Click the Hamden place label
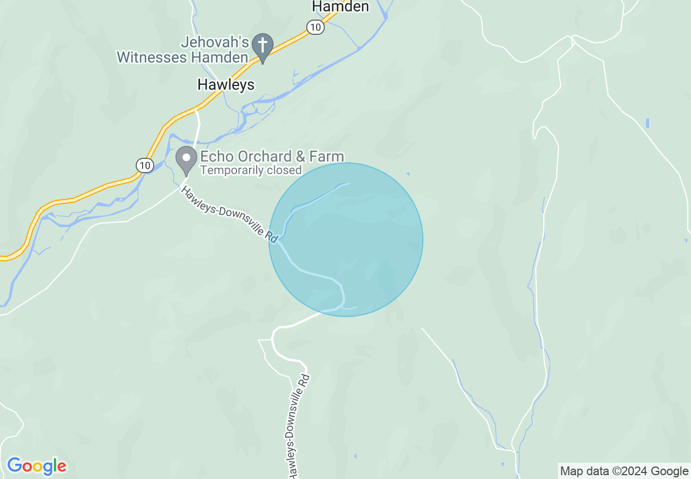[x=341, y=7]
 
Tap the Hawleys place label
[x=226, y=84]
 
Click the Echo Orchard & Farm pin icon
[x=186, y=159]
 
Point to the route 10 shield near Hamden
[x=316, y=27]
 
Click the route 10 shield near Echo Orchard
[x=144, y=165]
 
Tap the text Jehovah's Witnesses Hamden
[x=183, y=50]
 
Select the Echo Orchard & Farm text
[x=272, y=157]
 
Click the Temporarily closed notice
[x=251, y=170]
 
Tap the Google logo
[x=37, y=466]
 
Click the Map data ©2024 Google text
[x=625, y=471]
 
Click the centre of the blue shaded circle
[x=346, y=239]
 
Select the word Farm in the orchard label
[x=327, y=157]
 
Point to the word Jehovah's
[x=215, y=42]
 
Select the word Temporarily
[x=232, y=170]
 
